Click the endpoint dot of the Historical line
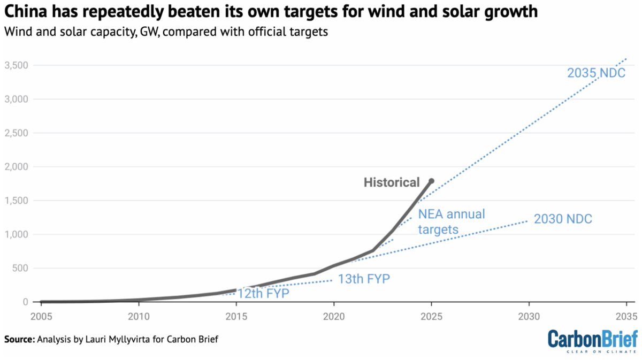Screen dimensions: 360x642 (431, 181)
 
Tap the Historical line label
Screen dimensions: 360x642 (392, 182)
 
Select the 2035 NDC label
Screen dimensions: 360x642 (596, 73)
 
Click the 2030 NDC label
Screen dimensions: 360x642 (563, 219)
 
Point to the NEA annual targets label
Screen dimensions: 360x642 (452, 221)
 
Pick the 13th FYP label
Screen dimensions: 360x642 (364, 279)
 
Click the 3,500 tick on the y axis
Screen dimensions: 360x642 (17, 65)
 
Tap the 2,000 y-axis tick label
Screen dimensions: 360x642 (17, 167)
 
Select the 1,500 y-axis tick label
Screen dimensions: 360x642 (17, 201)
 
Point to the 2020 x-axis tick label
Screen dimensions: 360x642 (333, 316)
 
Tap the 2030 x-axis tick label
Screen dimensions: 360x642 (529, 316)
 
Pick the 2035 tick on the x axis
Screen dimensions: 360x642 (625, 316)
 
